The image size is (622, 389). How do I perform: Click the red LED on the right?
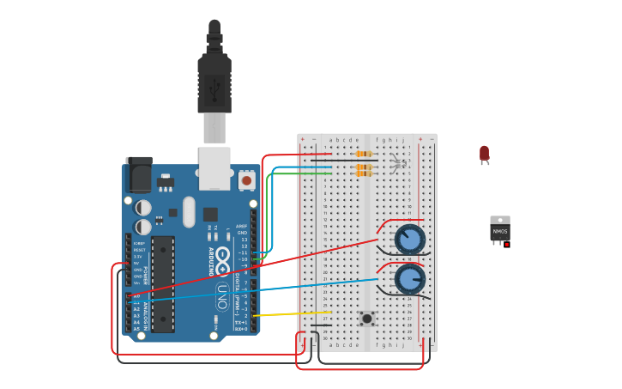pos(484,154)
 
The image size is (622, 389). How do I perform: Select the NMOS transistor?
pos(499,230)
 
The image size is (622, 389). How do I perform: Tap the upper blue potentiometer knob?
pos(410,239)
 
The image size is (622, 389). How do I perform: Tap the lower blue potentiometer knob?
pos(410,278)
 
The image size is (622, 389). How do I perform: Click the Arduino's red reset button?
pos(247,180)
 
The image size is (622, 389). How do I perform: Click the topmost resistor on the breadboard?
pos(364,155)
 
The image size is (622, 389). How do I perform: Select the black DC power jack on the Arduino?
pos(138,174)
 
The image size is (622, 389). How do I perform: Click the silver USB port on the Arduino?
pos(214,167)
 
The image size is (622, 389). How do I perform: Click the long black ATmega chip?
pos(163,283)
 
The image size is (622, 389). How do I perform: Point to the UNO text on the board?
pos(221,297)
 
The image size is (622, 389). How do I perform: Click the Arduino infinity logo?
pos(223,255)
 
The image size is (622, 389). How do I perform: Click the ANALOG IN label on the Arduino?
pos(147,309)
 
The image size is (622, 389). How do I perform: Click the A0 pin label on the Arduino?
pos(136,295)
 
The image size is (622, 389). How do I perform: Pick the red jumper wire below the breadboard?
pos(360,368)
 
